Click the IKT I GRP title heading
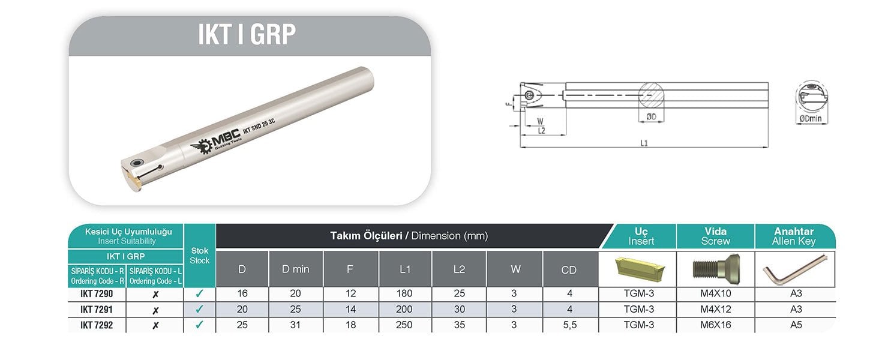tap(247, 34)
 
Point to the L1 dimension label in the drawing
tap(644, 143)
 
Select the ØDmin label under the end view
tap(810, 119)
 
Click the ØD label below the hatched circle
tap(651, 116)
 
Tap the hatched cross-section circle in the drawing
tap(651, 95)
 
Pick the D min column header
tap(296, 269)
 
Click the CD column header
tap(569, 270)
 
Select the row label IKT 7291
tap(97, 310)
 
